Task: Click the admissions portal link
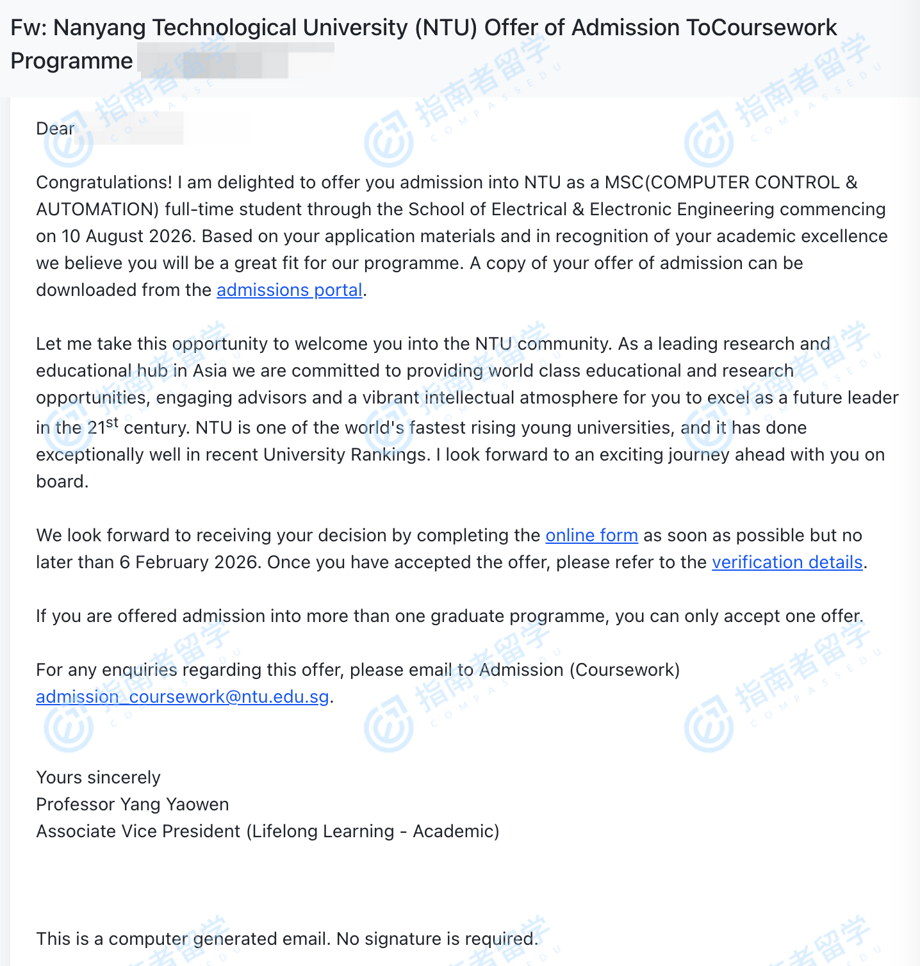click(x=290, y=290)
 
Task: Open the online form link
click(x=591, y=536)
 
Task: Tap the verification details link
click(x=787, y=562)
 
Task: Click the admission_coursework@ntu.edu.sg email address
click(x=183, y=697)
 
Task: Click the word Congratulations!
click(x=104, y=183)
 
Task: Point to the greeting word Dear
click(x=55, y=129)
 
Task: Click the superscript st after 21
click(x=112, y=422)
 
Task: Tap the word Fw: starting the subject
click(x=29, y=28)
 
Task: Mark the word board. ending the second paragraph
click(x=62, y=482)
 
